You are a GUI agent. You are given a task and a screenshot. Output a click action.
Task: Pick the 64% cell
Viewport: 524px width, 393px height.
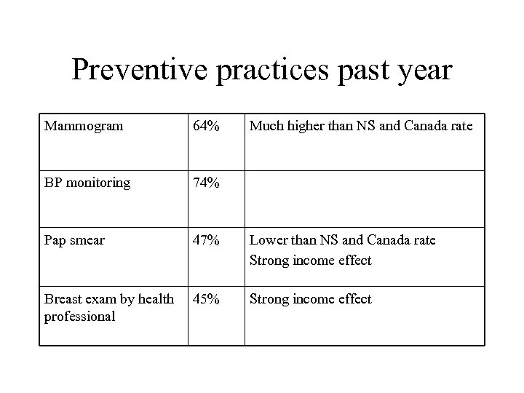tap(206, 126)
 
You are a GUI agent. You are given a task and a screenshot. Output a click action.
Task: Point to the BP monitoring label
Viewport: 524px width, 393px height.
tap(87, 183)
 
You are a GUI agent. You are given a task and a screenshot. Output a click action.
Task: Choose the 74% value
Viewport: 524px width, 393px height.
tap(206, 183)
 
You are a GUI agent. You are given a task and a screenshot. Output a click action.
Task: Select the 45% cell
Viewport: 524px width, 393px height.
tap(206, 299)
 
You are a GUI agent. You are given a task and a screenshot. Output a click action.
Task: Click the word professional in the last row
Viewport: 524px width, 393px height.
tap(80, 317)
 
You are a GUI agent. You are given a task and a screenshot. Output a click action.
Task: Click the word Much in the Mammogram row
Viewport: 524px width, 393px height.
tap(266, 126)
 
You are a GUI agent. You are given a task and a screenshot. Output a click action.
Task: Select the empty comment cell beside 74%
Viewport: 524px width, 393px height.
tap(364, 198)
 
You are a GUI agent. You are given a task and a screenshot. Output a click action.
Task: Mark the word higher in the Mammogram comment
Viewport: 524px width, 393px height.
tap(305, 126)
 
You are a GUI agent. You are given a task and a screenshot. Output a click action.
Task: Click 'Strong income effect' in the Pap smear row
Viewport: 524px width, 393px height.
tap(311, 260)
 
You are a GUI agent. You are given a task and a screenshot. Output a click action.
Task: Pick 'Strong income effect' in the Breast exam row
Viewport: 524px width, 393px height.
tap(311, 299)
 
